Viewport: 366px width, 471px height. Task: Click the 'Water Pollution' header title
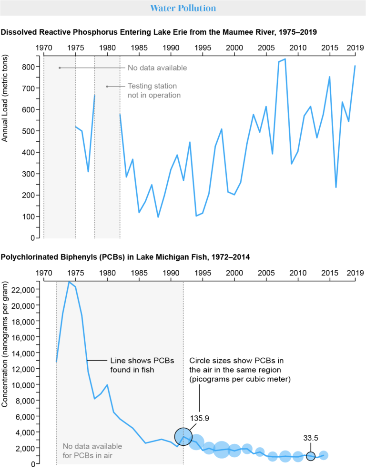point(183,8)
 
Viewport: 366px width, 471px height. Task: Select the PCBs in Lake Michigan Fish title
point(125,257)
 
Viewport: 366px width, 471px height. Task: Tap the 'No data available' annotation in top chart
point(157,68)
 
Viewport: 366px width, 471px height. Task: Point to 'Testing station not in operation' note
point(154,90)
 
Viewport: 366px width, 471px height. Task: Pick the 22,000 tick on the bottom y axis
point(22,289)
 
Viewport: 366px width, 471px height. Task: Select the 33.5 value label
point(311,438)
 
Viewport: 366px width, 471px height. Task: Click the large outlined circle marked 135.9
point(183,436)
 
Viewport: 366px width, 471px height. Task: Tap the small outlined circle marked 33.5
point(311,456)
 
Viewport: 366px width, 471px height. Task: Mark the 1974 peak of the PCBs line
point(69,282)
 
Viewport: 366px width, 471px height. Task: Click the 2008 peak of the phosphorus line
point(285,59)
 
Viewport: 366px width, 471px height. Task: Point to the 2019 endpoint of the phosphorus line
point(355,66)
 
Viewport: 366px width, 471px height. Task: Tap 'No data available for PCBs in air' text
point(92,451)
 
